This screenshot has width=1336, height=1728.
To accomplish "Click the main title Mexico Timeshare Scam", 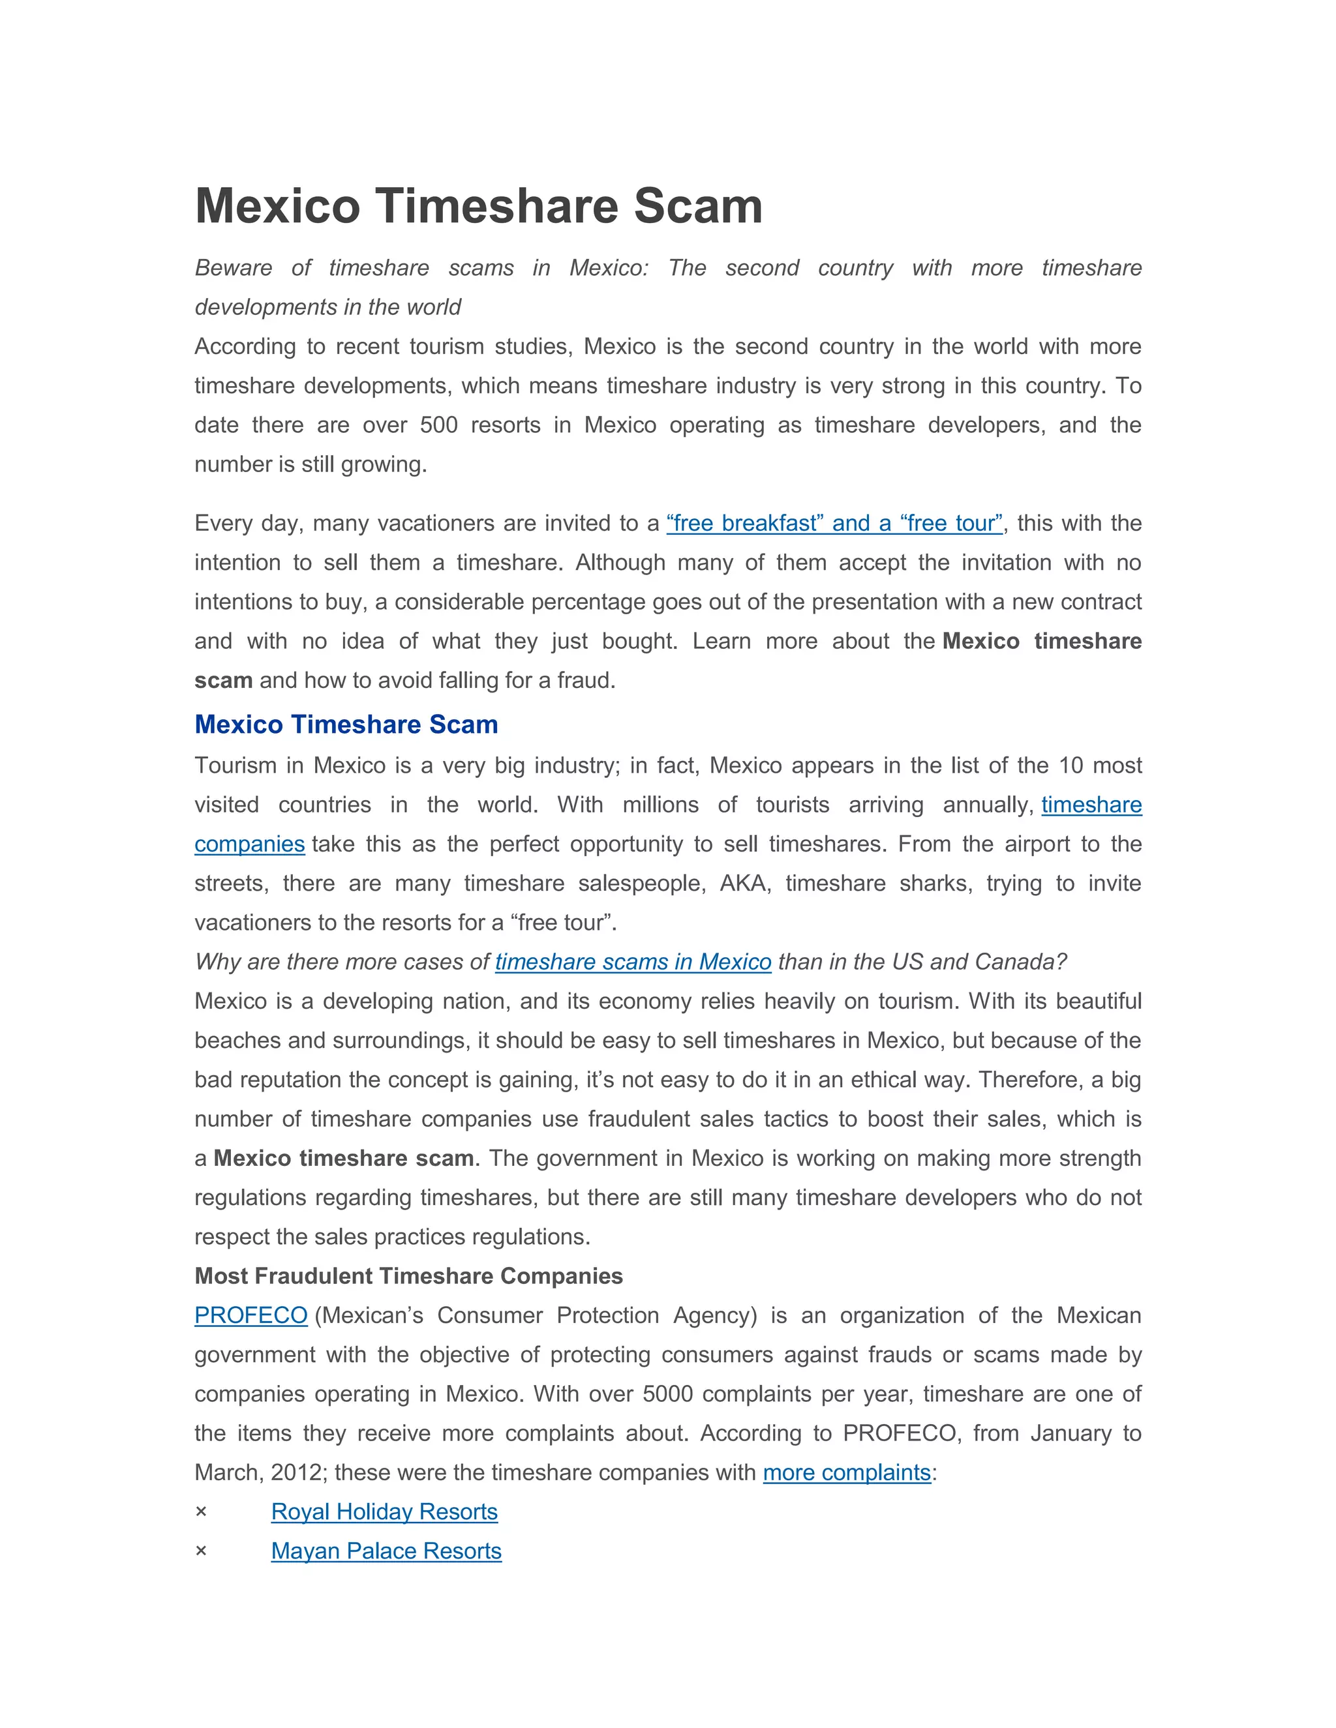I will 478,207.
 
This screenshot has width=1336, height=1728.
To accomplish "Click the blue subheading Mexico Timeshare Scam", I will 346,724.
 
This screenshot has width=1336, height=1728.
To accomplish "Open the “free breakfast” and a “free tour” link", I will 834,524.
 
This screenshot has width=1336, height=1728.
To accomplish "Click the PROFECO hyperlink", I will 251,1315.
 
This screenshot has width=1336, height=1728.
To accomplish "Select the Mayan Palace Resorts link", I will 386,1551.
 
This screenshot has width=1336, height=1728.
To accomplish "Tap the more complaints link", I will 846,1472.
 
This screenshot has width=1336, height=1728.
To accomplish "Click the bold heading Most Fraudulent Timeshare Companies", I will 408,1276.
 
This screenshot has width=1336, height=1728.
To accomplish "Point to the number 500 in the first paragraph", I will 438,426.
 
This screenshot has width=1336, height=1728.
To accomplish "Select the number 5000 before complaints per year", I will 667,1394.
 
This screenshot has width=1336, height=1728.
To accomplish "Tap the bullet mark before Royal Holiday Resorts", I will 201,1512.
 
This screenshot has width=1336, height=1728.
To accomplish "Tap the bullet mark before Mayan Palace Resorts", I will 201,1551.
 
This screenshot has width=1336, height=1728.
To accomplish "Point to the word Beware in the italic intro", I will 234,268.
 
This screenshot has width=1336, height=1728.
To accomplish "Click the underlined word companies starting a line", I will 249,844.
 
